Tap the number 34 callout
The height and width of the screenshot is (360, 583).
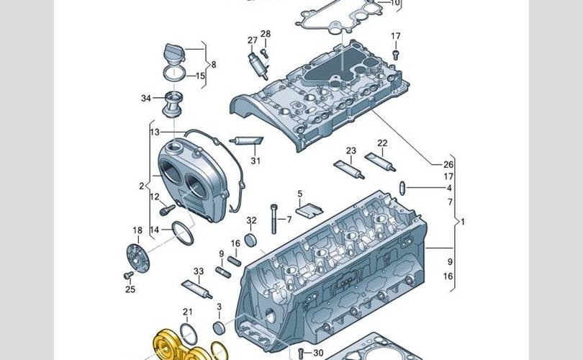tap(145, 99)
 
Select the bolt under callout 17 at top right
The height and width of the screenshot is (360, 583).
tap(396, 53)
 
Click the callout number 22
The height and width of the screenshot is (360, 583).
tap(382, 143)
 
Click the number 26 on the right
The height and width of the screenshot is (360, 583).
tap(448, 164)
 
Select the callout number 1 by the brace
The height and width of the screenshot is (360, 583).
tap(463, 222)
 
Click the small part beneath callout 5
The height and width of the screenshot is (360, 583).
tap(307, 210)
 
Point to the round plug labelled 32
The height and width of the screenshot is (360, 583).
tap(251, 239)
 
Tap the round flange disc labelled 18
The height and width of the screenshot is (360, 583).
tap(137, 256)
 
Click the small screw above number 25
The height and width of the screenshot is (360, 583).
tap(129, 275)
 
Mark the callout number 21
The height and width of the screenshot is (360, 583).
tap(188, 312)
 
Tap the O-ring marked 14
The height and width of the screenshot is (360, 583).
tap(184, 233)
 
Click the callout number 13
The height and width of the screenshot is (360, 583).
tap(154, 132)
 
